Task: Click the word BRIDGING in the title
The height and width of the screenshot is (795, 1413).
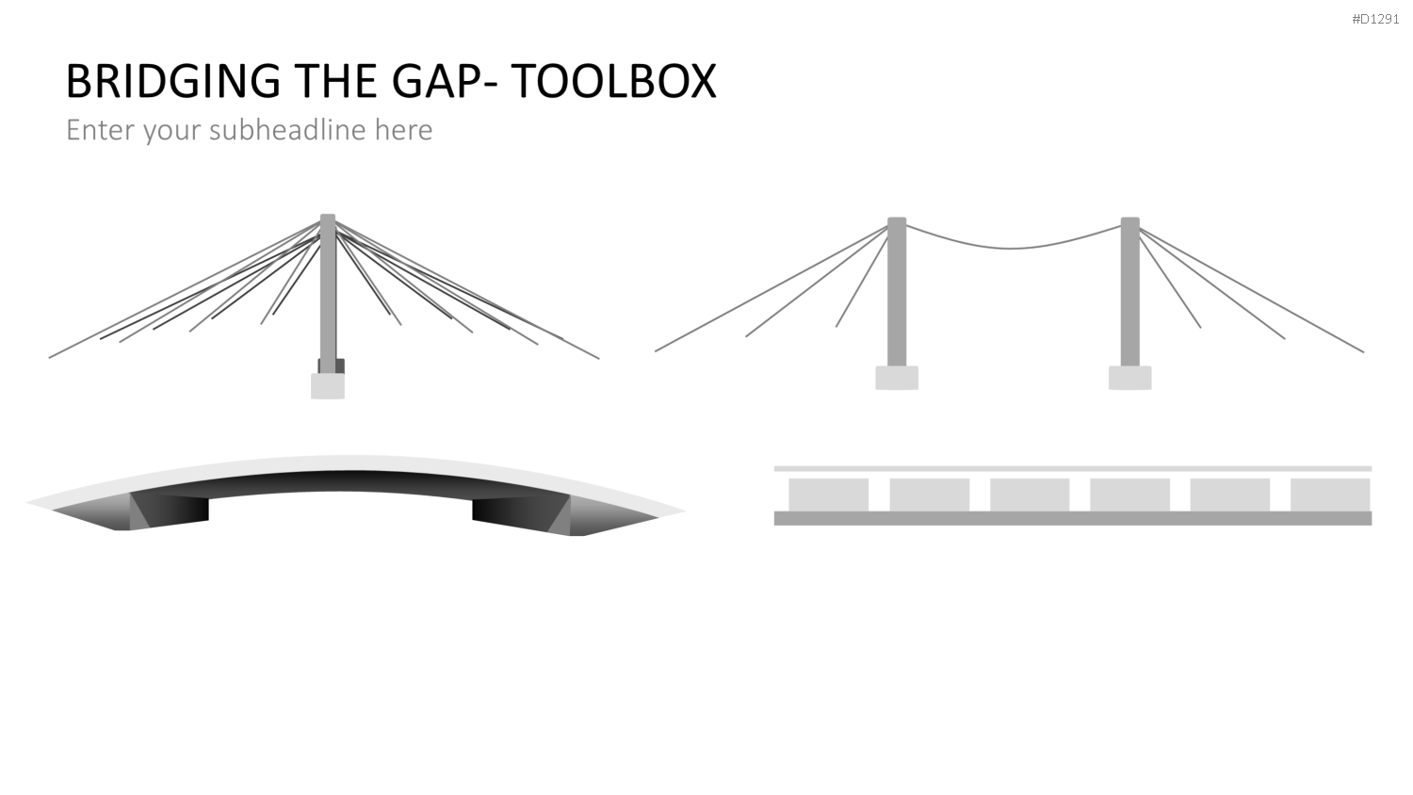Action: (x=172, y=81)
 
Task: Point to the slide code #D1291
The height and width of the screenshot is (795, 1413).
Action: (x=1375, y=19)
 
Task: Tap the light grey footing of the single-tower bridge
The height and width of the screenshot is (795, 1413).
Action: (x=328, y=386)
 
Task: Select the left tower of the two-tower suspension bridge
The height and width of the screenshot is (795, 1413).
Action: (x=897, y=291)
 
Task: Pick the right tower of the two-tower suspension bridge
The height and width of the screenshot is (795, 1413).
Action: (x=1130, y=291)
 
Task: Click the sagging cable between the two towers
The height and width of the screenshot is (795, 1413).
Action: (x=1013, y=248)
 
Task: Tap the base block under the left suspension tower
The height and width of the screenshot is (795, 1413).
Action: (x=897, y=378)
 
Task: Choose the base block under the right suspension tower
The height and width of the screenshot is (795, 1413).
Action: (x=1130, y=378)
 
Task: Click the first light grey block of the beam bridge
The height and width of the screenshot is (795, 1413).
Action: (x=828, y=495)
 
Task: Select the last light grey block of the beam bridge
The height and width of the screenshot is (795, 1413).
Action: (x=1330, y=495)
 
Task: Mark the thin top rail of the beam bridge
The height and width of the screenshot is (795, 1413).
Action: (x=1073, y=469)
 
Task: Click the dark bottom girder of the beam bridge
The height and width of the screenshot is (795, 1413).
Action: (x=1073, y=519)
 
